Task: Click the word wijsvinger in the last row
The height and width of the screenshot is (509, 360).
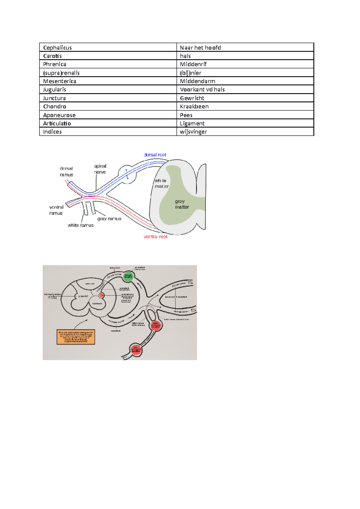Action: tap(193, 132)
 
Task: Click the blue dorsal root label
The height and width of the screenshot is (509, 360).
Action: tap(155, 155)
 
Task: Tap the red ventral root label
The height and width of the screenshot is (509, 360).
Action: tap(155, 237)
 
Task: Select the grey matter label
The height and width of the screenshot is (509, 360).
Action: tap(182, 204)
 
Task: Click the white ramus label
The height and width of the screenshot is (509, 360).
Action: tap(80, 225)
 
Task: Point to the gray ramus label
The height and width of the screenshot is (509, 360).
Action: tap(109, 219)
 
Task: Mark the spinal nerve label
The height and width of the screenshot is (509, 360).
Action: tap(100, 169)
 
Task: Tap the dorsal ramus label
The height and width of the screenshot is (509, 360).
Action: tap(66, 171)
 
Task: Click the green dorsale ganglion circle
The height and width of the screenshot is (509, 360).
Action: tap(128, 276)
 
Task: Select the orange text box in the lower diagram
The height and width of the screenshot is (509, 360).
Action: tap(76, 337)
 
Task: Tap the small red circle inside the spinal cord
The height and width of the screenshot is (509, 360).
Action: tap(101, 295)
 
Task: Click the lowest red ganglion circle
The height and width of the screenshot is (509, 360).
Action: tap(136, 350)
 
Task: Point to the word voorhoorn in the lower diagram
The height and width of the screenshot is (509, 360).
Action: tap(97, 303)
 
